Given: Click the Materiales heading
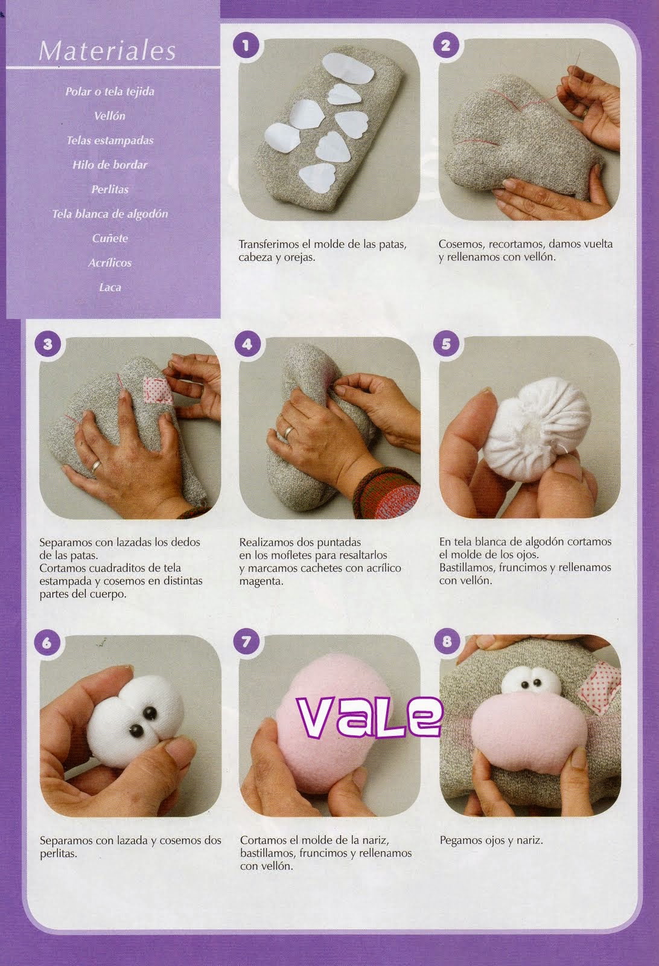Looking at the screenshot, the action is [x=107, y=51].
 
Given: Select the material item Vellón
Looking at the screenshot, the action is [x=109, y=115].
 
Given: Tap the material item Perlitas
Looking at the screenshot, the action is [x=109, y=189].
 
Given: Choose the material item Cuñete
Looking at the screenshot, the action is [x=109, y=238].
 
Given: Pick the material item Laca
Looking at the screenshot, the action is [x=110, y=287].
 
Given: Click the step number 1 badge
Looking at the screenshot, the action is [x=247, y=46].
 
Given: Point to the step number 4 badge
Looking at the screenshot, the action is [x=247, y=344].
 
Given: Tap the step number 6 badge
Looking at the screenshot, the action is [x=47, y=642].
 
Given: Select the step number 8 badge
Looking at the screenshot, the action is [x=447, y=642].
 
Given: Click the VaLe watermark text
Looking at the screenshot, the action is [x=370, y=717].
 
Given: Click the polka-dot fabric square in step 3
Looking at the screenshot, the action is [x=158, y=390].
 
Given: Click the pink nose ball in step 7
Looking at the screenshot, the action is [x=329, y=725].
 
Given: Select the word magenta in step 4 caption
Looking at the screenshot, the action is [x=261, y=581].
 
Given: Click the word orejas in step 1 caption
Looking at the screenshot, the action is [x=301, y=257].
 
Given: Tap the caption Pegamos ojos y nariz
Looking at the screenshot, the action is [x=491, y=840].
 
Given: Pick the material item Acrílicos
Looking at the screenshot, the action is [x=110, y=263].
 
